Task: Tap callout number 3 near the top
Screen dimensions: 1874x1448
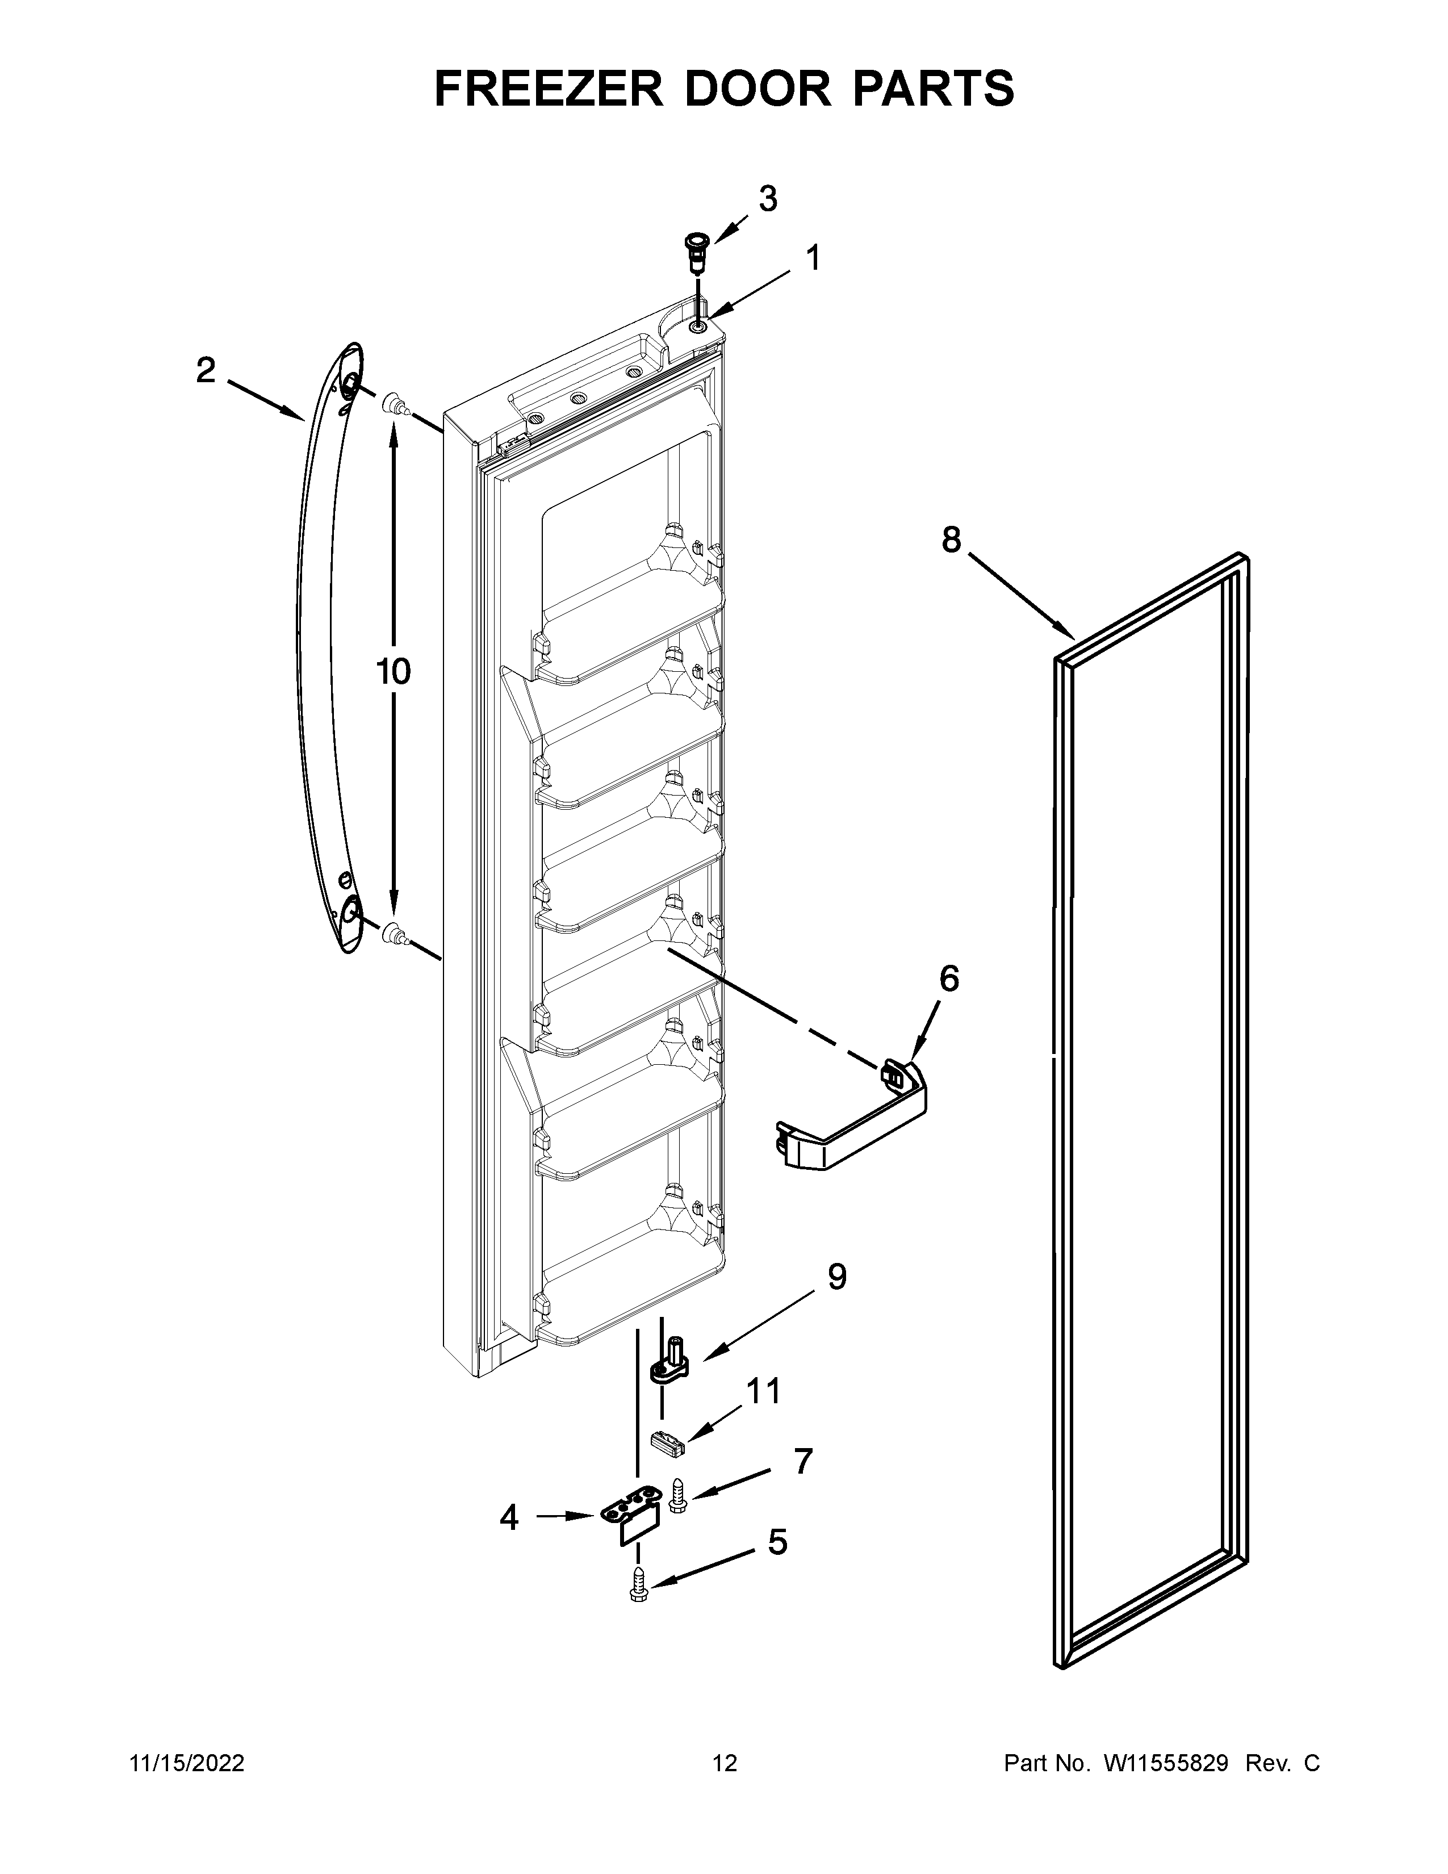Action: point(768,199)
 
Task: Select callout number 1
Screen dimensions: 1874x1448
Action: point(811,258)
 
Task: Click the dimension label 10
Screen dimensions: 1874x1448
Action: point(393,672)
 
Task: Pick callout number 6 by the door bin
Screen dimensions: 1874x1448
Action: point(949,978)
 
